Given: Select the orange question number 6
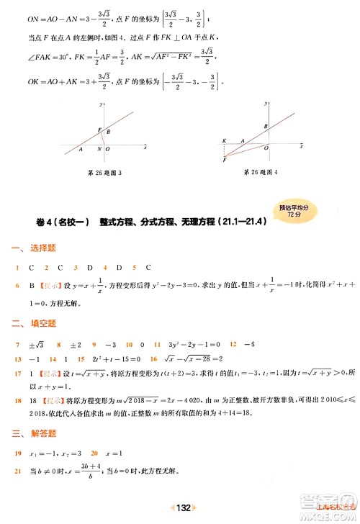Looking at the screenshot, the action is pyautogui.click(x=17, y=286).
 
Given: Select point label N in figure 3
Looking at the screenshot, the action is pyautogui.click(x=99, y=150).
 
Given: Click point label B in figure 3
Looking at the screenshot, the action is pyautogui.click(x=109, y=132).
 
